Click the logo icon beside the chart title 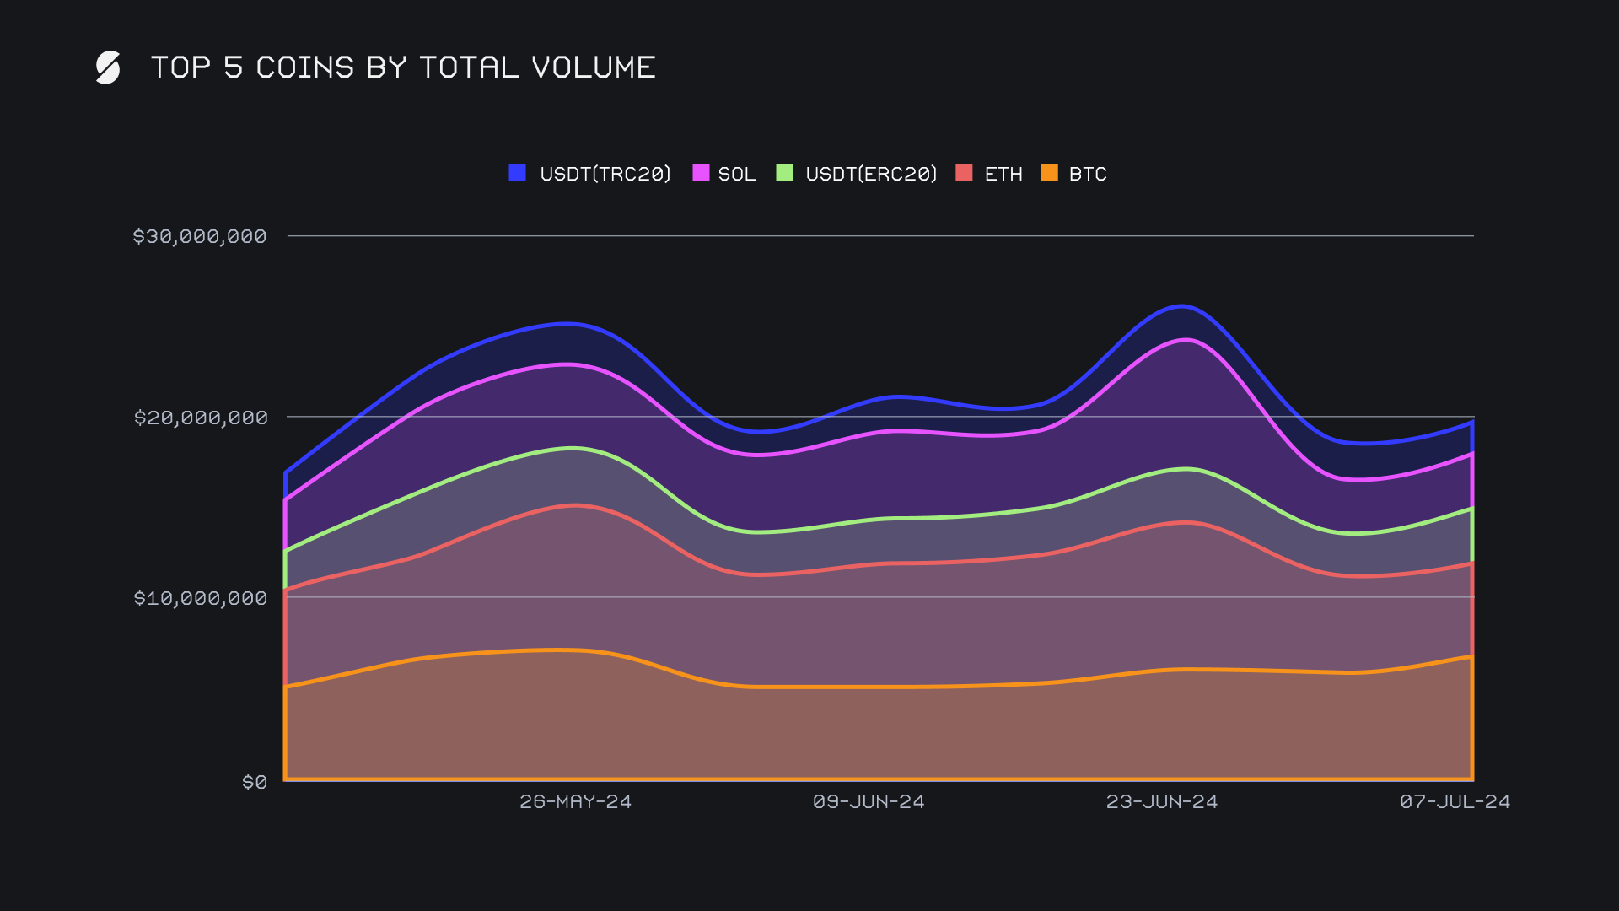tap(108, 67)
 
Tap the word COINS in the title tap(304, 67)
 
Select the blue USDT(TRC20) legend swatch tap(518, 173)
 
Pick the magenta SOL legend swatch tap(701, 173)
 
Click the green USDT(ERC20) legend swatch tap(784, 173)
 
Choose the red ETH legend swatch tap(964, 173)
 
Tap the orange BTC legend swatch tap(1049, 173)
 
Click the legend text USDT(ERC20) tap(871, 174)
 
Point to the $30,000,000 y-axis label tap(200, 236)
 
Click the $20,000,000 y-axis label tap(201, 418)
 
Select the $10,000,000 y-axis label tap(201, 598)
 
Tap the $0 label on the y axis tap(255, 782)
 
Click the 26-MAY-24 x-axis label tap(575, 801)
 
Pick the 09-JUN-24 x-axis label tap(869, 801)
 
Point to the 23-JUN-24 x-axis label tap(1162, 801)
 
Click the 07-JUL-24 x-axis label tap(1455, 801)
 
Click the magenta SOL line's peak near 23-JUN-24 tap(1186, 340)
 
